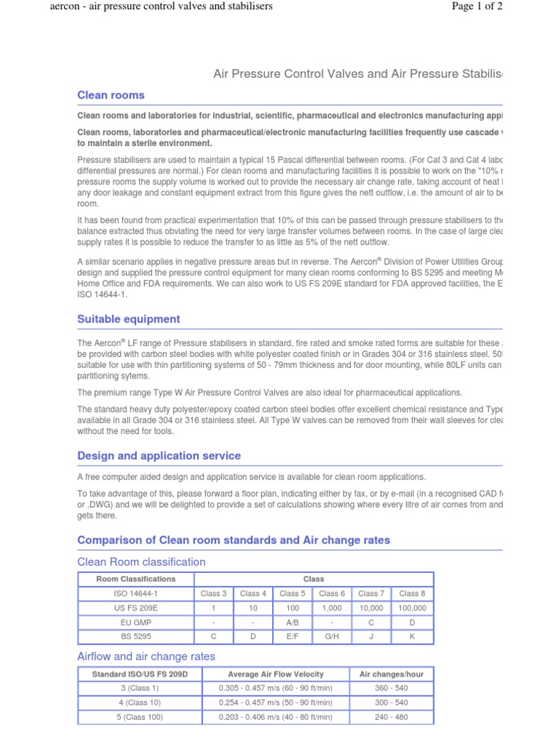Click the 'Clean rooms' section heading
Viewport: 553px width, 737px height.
pos(111,95)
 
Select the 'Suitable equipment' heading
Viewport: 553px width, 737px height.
pos(129,319)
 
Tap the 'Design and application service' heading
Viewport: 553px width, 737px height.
pos(159,456)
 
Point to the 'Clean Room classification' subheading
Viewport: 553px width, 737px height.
pos(141,561)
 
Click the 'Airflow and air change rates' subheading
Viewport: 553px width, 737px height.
pos(146,656)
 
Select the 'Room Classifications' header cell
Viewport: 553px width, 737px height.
pos(135,579)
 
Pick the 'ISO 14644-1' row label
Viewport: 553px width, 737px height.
pos(135,594)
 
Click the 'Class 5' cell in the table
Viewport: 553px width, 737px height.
pos(292,594)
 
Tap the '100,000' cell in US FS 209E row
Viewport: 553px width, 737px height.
pos(412,608)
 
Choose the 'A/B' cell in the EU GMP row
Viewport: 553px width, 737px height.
pos(292,623)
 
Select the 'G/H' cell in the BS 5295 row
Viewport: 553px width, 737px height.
pos(332,637)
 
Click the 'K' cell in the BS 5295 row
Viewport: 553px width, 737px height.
pos(412,637)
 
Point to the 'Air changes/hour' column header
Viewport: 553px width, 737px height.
pos(391,674)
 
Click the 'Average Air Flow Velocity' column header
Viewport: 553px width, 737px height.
pos(275,674)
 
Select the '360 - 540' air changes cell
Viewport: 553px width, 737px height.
pos(391,688)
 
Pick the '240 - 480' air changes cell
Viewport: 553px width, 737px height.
pos(391,717)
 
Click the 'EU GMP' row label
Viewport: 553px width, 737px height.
pos(135,623)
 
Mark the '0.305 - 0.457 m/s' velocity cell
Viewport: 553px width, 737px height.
pos(275,688)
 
